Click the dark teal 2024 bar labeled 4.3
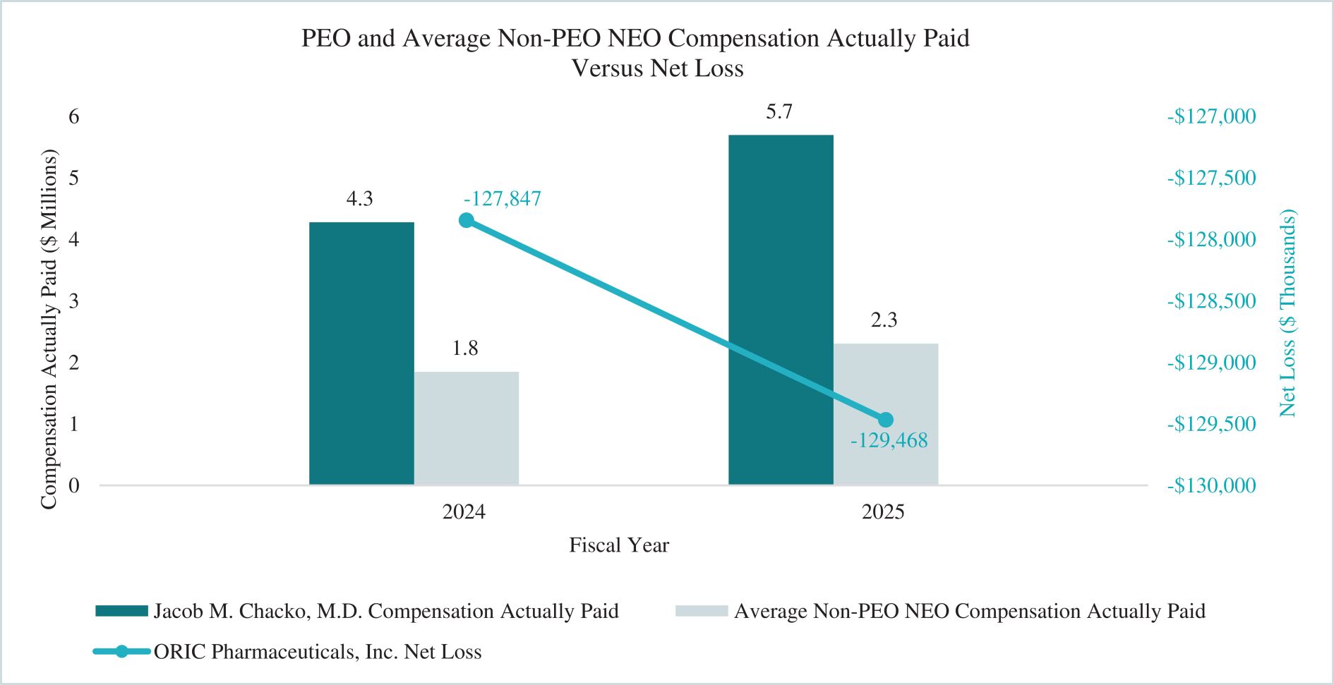pos(361,353)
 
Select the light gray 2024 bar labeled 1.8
pos(467,428)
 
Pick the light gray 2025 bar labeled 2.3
pos(886,413)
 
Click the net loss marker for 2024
pos(467,221)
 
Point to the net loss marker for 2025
pos(886,420)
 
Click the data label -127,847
pos(502,199)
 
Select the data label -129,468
pos(889,441)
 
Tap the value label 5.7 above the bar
pos(779,111)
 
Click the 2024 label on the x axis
pos(464,511)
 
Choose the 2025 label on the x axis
pos(882,511)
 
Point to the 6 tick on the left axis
pos(74,116)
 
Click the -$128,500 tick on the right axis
pos(1211,301)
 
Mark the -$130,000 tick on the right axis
pos(1211,485)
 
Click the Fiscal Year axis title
pos(619,545)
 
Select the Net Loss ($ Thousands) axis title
pos(1288,313)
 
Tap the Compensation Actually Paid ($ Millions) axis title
pos(48,329)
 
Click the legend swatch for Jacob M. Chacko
pos(121,611)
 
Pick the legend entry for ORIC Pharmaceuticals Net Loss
pos(318,652)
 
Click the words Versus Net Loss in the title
pos(657,68)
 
